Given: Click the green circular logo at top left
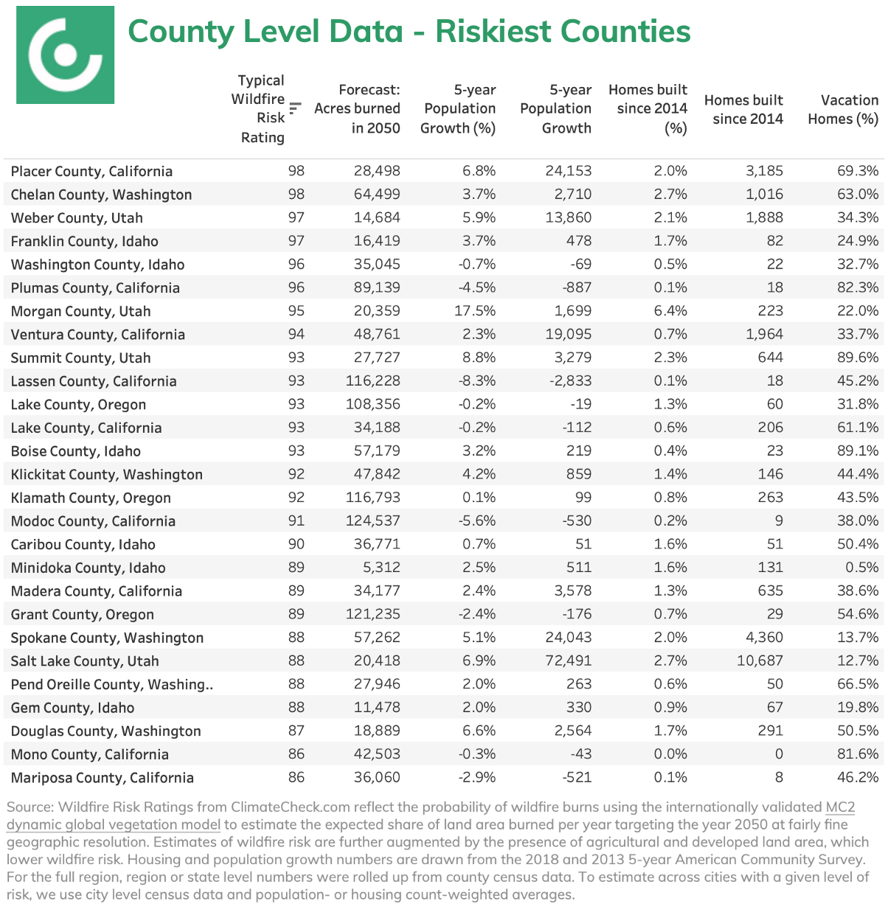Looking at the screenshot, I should pyautogui.click(x=65, y=55).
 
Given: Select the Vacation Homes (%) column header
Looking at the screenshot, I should pyautogui.click(x=842, y=109).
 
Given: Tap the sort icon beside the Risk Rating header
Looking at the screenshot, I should pyautogui.click(x=295, y=108).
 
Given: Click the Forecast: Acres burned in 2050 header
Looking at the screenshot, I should pyautogui.click(x=357, y=108).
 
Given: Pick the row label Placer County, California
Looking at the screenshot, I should pyautogui.click(x=91, y=171).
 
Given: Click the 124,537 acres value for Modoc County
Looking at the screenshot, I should pyautogui.click(x=373, y=521).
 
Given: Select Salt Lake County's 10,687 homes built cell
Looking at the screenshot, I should pyautogui.click(x=760, y=661).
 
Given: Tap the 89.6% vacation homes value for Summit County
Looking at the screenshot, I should pyautogui.click(x=858, y=358).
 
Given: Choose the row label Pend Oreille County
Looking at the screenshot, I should pyautogui.click(x=111, y=684).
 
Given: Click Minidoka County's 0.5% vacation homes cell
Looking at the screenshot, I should pyautogui.click(x=862, y=568).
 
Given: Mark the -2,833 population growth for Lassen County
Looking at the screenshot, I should pyautogui.click(x=569, y=381).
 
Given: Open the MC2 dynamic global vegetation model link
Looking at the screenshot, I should pyautogui.click(x=114, y=824).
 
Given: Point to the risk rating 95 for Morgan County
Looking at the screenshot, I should pyautogui.click(x=296, y=311).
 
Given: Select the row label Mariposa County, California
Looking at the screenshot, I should pyautogui.click(x=103, y=778).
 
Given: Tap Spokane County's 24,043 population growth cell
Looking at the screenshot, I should pyautogui.click(x=569, y=638).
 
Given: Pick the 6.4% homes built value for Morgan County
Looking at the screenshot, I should pyautogui.click(x=670, y=311).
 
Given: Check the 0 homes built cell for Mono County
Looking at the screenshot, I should pyautogui.click(x=779, y=754).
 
